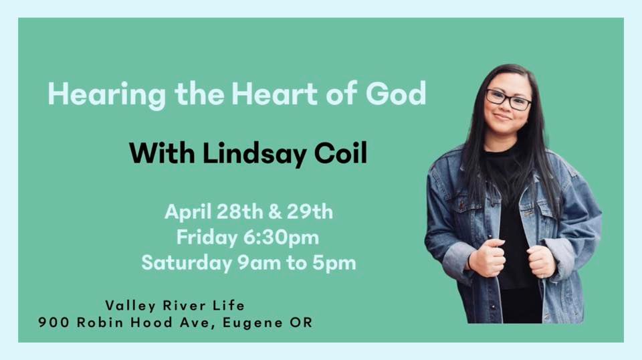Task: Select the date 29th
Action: tap(310, 213)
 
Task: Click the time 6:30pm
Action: tap(286, 238)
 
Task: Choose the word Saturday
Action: tap(185, 263)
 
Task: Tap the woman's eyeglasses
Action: tap(508, 100)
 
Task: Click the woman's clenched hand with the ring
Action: tap(540, 260)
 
